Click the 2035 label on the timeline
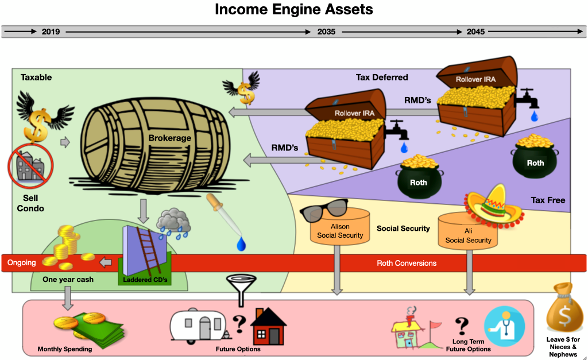[326, 32]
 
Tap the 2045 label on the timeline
[475, 32]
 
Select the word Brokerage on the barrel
[169, 138]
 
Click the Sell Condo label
[30, 203]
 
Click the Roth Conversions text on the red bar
[407, 263]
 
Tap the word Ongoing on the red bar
[21, 263]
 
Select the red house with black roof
[268, 326]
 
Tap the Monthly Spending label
[65, 349]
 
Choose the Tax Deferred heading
[382, 78]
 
